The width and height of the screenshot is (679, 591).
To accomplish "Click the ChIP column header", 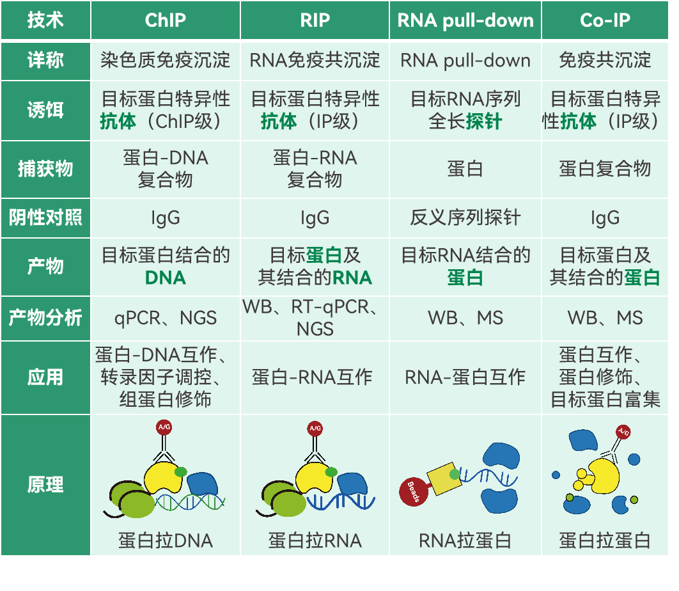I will coord(165,20).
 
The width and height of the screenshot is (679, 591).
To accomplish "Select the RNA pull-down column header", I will coord(465,20).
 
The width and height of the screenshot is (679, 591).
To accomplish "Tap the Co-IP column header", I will coord(605,20).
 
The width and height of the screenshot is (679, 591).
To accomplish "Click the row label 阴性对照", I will coord(45,217).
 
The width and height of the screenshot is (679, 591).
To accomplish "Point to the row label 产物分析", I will coord(45,317).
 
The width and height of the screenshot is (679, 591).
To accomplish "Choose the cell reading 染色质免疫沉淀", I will coord(165,60).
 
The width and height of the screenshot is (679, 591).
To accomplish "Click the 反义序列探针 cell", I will coord(465,217).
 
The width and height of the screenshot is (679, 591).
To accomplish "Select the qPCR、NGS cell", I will coord(165,317).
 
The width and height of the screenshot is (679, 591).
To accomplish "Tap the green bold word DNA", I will coord(165,278).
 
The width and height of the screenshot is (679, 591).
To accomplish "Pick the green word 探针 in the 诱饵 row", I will coord(484,121).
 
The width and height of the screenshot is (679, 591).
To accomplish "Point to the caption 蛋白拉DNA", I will coord(165,540).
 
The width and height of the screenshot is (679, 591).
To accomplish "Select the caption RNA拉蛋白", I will coord(465,540).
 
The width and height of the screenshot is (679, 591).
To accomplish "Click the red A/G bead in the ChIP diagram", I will coord(164,428).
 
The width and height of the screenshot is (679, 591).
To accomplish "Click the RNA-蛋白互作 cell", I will coord(465,377).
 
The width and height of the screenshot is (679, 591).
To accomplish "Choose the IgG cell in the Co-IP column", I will coord(605,217).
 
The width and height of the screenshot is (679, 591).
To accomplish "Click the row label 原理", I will coord(45,484).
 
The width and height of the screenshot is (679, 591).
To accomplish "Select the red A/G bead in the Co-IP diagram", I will coord(623,432).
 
